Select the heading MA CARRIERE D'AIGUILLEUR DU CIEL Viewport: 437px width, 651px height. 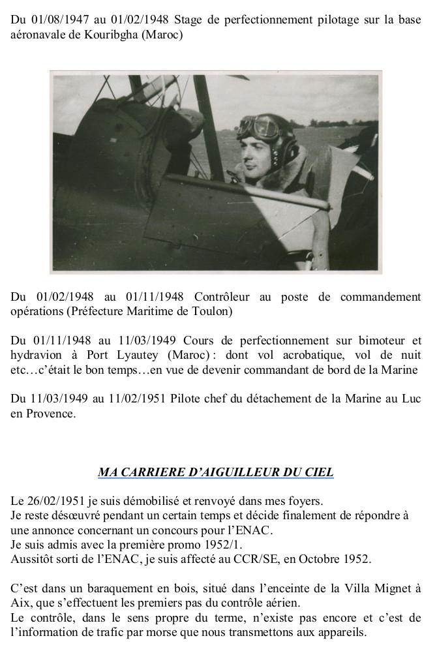point(215,471)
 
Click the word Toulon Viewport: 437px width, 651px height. point(210,311)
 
